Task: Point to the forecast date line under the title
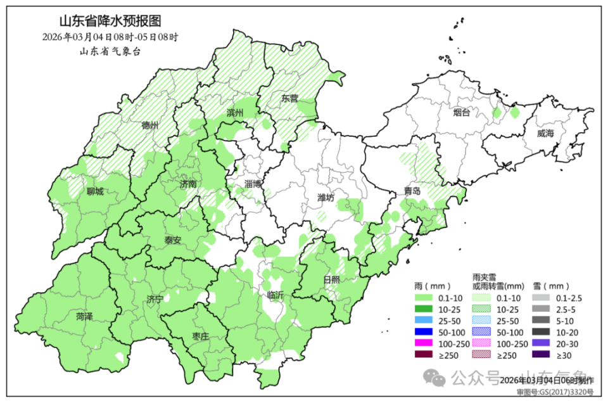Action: [110, 37]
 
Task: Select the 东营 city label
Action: [289, 99]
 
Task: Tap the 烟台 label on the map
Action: [462, 113]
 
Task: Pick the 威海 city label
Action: [545, 134]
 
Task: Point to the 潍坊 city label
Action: [326, 198]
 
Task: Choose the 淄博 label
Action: [253, 183]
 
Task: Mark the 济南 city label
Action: [188, 184]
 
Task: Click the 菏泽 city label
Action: [84, 316]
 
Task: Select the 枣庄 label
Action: [200, 336]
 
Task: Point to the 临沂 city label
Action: [275, 295]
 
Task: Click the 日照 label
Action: [331, 279]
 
